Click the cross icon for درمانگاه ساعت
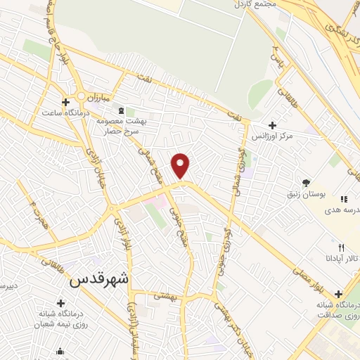pyautogui.click(x=65, y=102)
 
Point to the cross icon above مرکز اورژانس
pyautogui.click(x=272, y=124)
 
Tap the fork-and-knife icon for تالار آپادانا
pyautogui.click(x=341, y=247)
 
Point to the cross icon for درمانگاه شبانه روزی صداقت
pyautogui.click(x=339, y=294)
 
